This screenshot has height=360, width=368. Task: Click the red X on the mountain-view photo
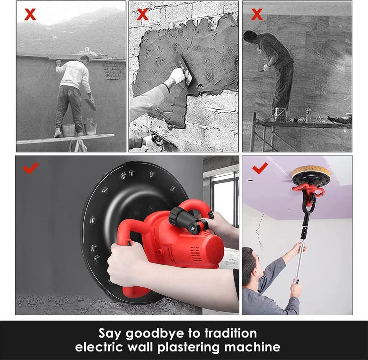pyautogui.click(x=30, y=15)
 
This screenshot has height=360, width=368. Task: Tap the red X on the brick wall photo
pyautogui.click(x=143, y=15)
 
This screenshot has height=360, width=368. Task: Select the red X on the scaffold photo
pyautogui.click(x=257, y=15)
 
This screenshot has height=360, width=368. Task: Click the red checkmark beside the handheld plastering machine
pyautogui.click(x=30, y=168)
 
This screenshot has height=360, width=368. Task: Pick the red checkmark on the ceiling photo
pyautogui.click(x=260, y=168)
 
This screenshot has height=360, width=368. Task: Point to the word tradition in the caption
pyautogui.click(x=231, y=333)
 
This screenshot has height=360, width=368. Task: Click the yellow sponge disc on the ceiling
pyautogui.click(x=311, y=173)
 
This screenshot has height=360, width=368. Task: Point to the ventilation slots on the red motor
pyautogui.click(x=195, y=254)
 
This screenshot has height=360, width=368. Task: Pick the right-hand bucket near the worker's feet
pyautogui.click(x=90, y=128)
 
